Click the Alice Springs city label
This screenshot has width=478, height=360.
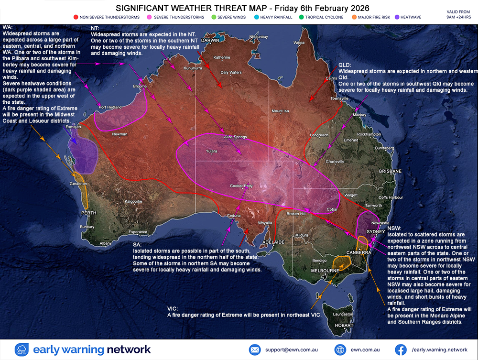[235, 137]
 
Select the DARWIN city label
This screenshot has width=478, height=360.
[210, 41]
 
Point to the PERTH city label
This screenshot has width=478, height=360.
[88, 213]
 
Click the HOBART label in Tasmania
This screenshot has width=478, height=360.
[344, 325]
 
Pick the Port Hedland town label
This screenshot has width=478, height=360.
[110, 108]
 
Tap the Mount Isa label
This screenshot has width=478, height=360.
[281, 111]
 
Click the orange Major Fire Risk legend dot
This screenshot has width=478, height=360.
[354, 17]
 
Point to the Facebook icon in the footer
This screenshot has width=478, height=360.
[401, 349]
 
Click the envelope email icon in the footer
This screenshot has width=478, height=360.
[255, 349]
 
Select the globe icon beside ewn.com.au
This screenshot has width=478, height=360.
[340, 349]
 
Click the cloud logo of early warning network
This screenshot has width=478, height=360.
[22, 349]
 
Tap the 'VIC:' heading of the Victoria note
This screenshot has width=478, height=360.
[173, 309]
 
